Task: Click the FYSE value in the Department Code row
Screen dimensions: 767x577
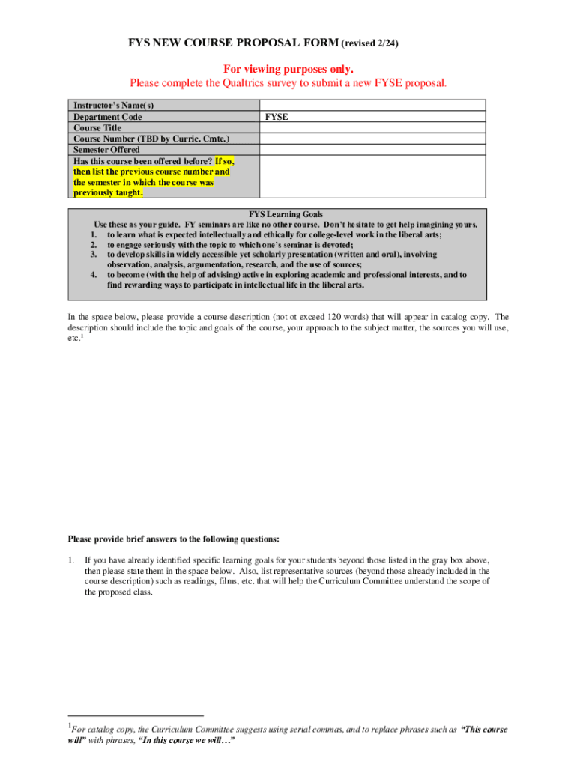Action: (277, 117)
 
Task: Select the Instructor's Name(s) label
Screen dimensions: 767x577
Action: (113, 106)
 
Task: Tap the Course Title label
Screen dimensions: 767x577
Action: (97, 128)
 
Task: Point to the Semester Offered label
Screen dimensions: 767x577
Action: (106, 150)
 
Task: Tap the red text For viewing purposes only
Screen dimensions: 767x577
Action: (288, 69)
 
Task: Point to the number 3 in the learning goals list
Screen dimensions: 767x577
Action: (94, 255)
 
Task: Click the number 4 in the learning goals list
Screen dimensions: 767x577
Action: (94, 275)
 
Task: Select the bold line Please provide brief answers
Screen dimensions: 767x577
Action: (174, 539)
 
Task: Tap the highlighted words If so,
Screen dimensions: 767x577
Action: (224, 161)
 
